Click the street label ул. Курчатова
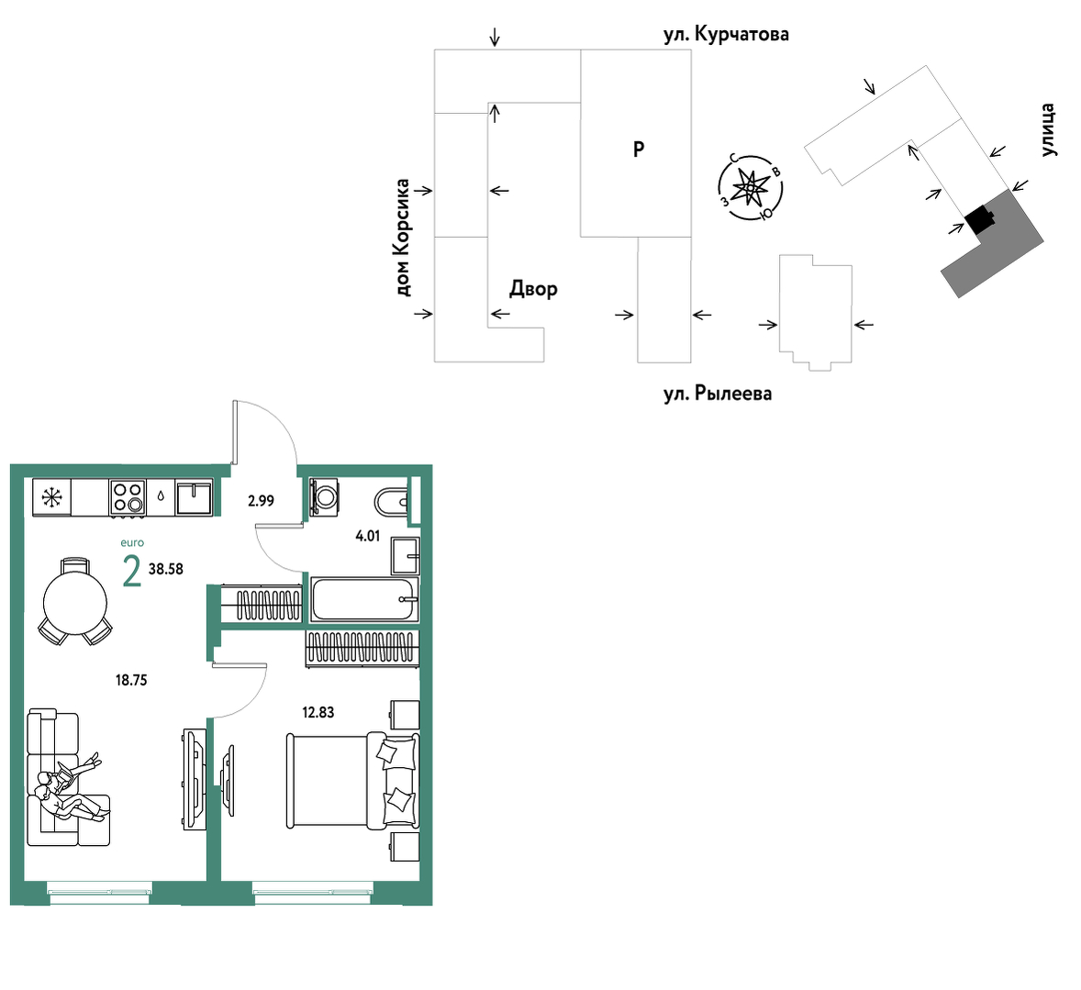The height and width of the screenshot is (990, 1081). (726, 34)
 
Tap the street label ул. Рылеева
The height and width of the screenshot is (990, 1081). (718, 394)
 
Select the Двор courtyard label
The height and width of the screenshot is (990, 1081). (533, 288)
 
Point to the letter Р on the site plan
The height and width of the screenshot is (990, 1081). (639, 149)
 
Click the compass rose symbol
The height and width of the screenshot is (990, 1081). (750, 187)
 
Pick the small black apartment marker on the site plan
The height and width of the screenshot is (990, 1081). (978, 220)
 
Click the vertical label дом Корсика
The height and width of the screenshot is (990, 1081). (402, 238)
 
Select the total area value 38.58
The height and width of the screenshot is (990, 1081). (165, 569)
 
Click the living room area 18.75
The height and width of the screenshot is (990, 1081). (131, 680)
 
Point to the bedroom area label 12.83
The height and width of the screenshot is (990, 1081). (318, 712)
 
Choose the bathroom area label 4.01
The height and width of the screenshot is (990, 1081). (367, 536)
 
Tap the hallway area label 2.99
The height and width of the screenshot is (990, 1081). (261, 501)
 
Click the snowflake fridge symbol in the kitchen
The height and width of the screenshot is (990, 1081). (51, 497)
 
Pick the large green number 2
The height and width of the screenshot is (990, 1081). (131, 572)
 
